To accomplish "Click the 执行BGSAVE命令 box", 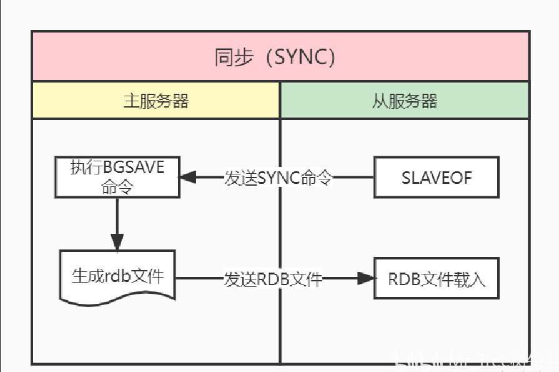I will click(x=117, y=177).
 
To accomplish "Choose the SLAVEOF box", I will click(x=436, y=177).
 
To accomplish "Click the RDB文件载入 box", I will click(x=436, y=278).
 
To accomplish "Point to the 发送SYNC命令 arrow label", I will click(x=279, y=178).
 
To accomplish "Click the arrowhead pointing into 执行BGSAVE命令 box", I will click(x=188, y=178).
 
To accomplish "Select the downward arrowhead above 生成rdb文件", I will click(x=117, y=242).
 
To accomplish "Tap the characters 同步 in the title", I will click(x=234, y=57).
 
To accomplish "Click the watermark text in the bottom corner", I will click(x=475, y=362).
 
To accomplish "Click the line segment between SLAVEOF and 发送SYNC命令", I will click(x=353, y=178).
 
